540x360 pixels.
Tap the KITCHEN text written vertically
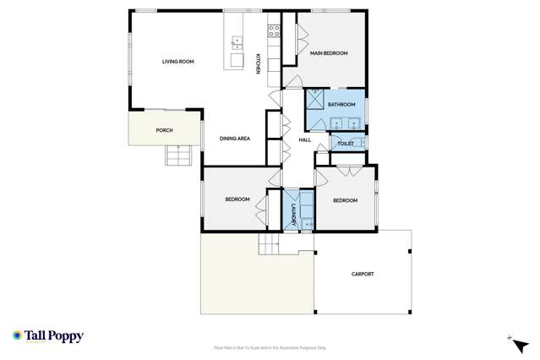(259, 63)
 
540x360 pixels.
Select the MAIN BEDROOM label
(329, 53)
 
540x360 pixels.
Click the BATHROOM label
(341, 105)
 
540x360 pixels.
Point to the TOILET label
(345, 145)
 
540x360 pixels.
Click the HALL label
(305, 140)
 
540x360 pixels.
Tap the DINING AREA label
(234, 138)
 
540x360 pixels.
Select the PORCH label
(165, 130)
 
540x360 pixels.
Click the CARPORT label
(362, 274)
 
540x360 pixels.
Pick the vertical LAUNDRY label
(293, 210)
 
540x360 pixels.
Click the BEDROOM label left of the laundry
(237, 199)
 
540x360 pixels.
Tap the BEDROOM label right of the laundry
(345, 200)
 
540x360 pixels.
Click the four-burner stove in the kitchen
(274, 30)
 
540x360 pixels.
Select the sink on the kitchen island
(237, 41)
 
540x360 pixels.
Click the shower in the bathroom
(314, 100)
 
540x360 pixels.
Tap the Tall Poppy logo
(48, 336)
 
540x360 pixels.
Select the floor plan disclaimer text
(270, 347)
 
